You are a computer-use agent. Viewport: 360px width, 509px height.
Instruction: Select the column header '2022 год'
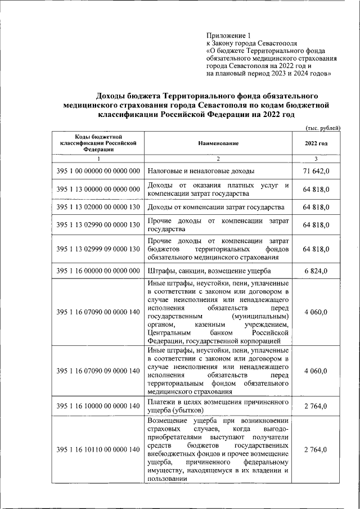pyautogui.click(x=316, y=143)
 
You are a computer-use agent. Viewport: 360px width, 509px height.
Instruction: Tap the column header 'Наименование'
pyautogui.click(x=218, y=143)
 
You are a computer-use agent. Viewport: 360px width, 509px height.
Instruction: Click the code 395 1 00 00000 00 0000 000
pyautogui.click(x=98, y=170)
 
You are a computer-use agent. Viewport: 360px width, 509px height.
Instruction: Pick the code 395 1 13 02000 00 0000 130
pyautogui.click(x=98, y=208)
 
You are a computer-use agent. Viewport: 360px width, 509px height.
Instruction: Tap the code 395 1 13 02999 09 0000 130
pyautogui.click(x=98, y=249)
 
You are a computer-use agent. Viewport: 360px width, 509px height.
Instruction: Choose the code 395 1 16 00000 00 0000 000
pyautogui.click(x=98, y=271)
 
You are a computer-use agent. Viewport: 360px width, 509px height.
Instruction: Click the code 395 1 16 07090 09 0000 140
pyautogui.click(x=98, y=371)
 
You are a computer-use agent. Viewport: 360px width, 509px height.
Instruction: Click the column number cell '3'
pyautogui.click(x=316, y=159)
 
